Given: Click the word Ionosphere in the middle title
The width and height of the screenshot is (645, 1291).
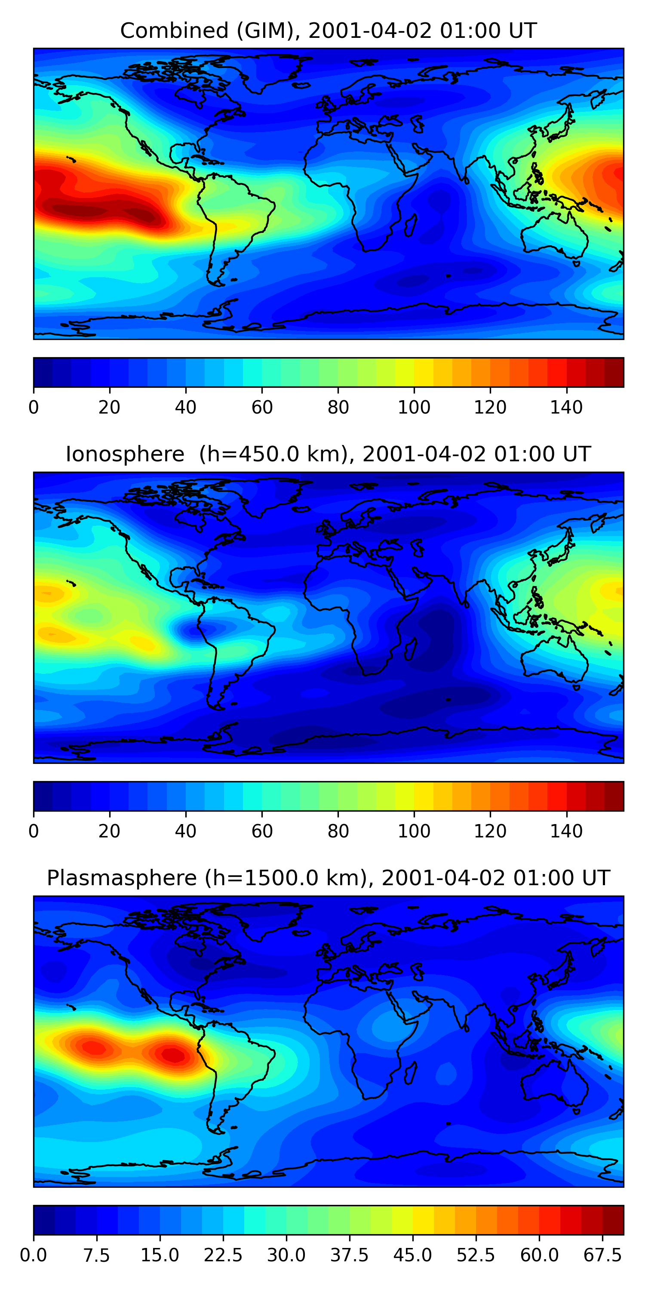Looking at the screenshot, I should click(x=125, y=454).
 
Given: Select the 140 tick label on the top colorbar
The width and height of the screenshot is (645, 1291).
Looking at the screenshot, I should click(x=566, y=408).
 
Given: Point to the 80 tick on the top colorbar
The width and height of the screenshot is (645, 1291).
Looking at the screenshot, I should click(x=338, y=408).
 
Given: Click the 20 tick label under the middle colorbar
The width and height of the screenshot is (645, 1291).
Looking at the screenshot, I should click(x=109, y=831).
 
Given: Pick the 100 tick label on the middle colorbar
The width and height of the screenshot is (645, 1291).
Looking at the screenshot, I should click(x=414, y=831).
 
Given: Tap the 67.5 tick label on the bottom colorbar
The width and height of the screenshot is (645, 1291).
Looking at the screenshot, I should click(x=602, y=1255).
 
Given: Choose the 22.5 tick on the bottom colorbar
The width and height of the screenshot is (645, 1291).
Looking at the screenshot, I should click(x=223, y=1255).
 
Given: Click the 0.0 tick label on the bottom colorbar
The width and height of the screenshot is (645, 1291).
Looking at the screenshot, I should click(x=34, y=1255).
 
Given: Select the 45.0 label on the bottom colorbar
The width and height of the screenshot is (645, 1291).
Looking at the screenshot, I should click(x=413, y=1255).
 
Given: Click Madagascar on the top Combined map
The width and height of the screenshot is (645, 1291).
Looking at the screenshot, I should click(x=411, y=225).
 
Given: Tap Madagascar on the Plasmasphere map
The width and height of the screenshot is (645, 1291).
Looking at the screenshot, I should click(x=411, y=1072).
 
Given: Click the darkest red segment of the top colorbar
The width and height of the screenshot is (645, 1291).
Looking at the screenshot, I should click(x=614, y=372).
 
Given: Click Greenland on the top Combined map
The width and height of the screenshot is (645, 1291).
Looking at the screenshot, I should click(x=270, y=70).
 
